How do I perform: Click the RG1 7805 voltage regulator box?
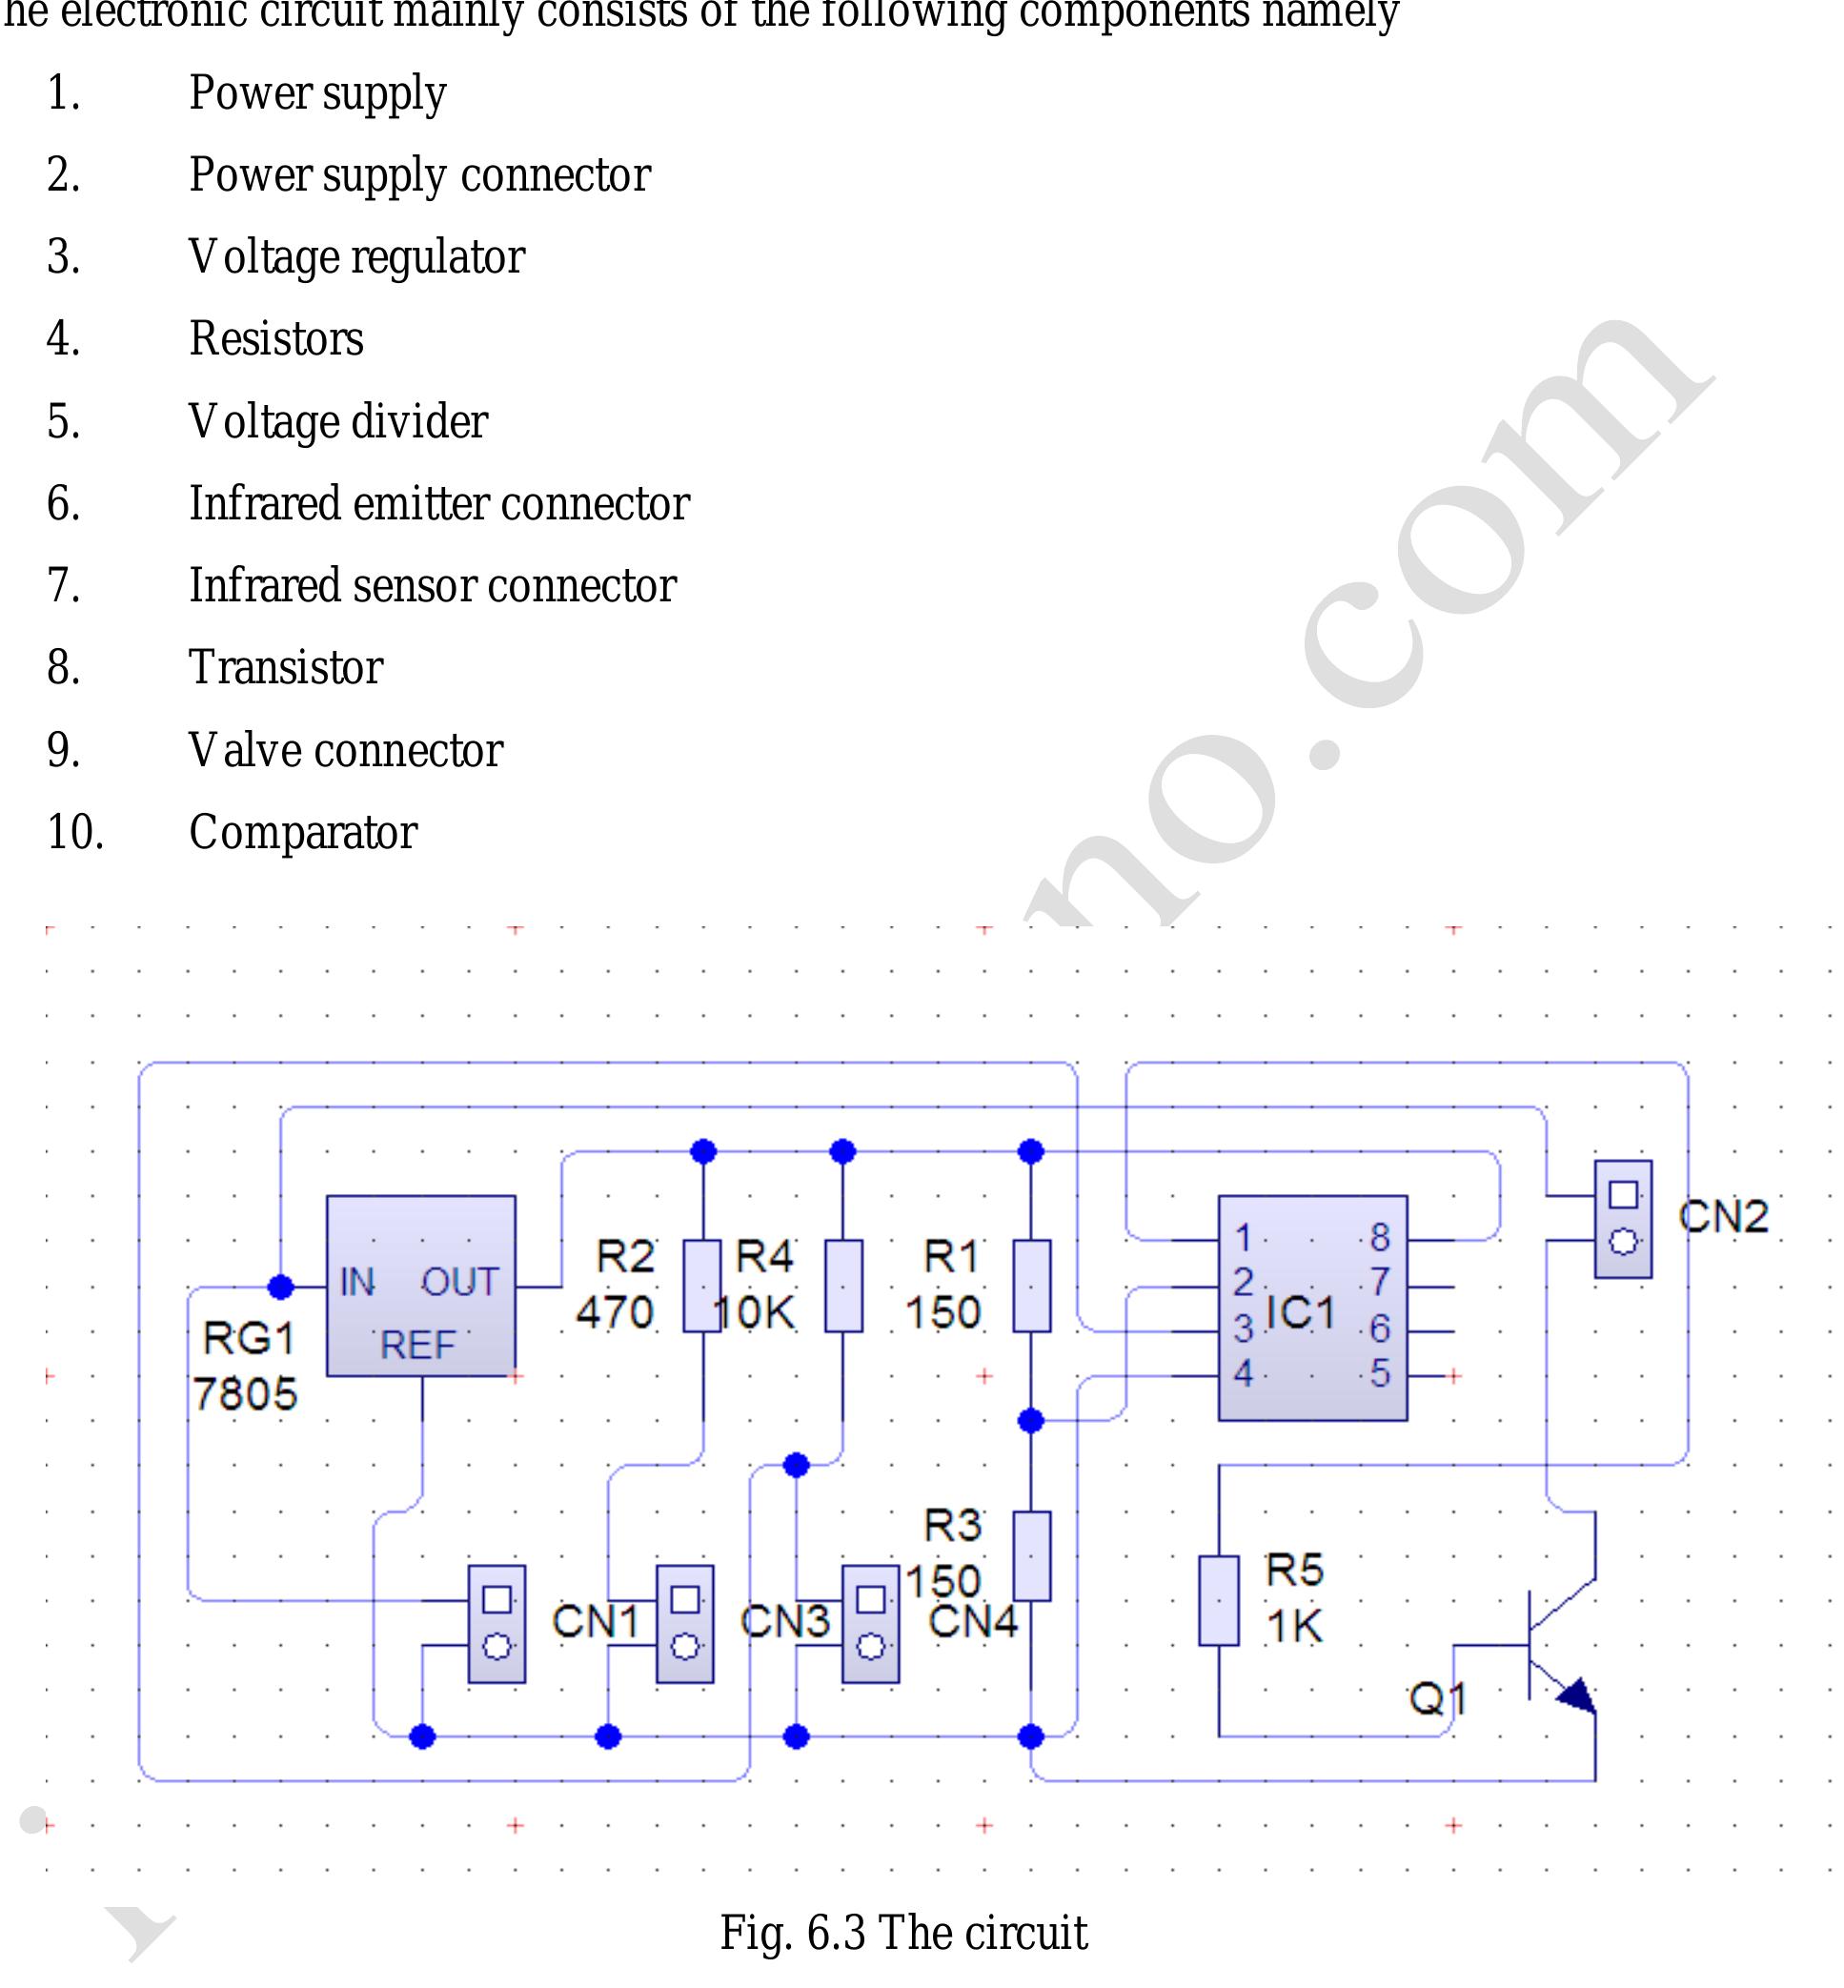tap(421, 1286)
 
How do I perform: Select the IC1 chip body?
tap(1311, 1308)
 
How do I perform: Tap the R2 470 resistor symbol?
tap(701, 1286)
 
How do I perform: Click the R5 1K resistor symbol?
tap(1218, 1600)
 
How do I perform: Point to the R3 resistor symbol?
tap(1032, 1556)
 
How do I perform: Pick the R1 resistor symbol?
tap(1032, 1286)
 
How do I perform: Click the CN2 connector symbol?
tap(1623, 1219)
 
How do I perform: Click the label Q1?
tap(1437, 1697)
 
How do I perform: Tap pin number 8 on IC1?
tap(1379, 1238)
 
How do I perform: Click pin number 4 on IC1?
tap(1243, 1373)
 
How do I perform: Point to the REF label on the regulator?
tap(417, 1346)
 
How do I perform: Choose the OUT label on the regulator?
tap(459, 1282)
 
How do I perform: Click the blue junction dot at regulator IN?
tap(281, 1287)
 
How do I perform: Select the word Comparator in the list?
tap(302, 831)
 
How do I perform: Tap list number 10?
tap(75, 831)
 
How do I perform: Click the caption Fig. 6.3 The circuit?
tap(903, 1932)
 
